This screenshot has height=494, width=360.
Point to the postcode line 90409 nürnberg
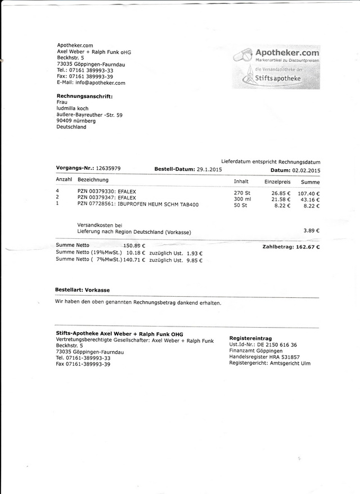(76, 121)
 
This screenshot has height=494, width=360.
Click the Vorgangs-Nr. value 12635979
(108, 168)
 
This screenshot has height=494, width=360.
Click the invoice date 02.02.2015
(305, 170)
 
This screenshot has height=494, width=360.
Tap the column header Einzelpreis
(277, 182)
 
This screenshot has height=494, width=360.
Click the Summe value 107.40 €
(308, 193)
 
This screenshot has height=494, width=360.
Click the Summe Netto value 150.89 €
(134, 246)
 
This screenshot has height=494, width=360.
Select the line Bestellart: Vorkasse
(82, 289)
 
